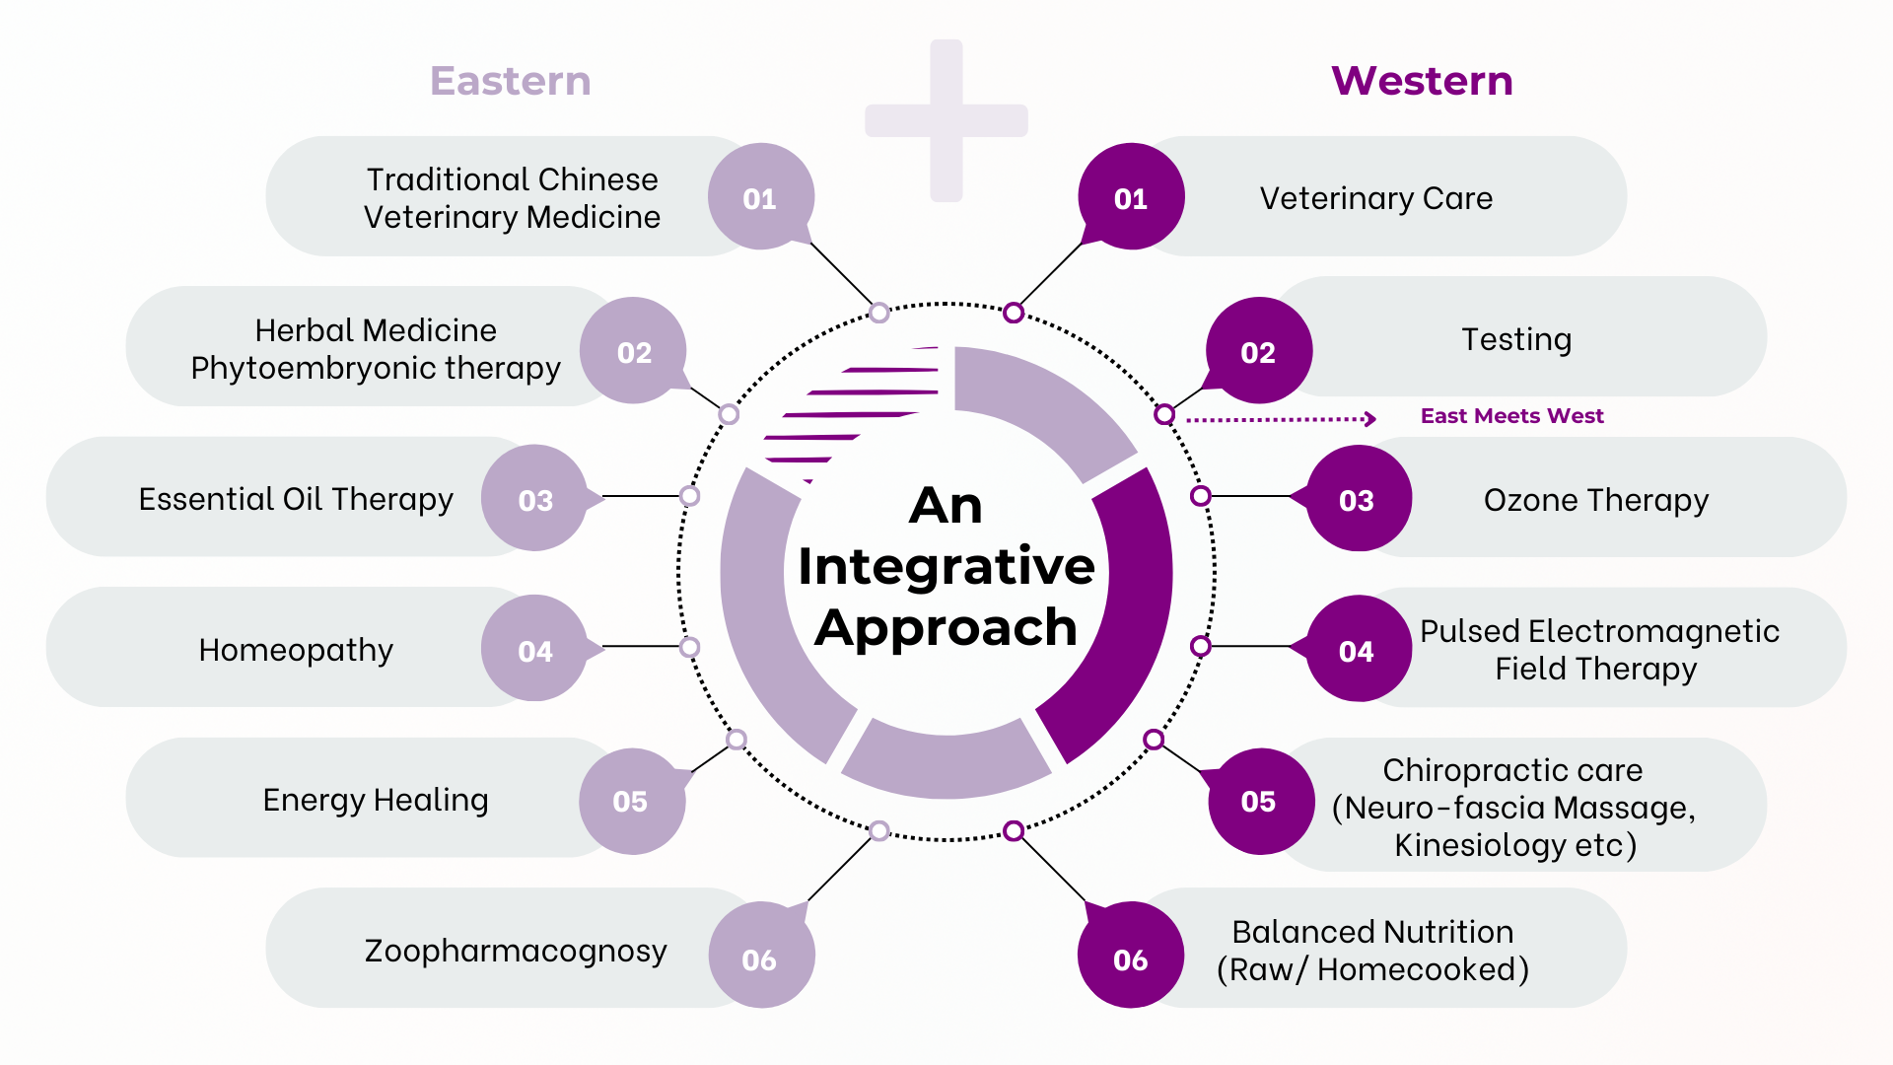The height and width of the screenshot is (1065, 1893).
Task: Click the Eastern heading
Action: [x=510, y=81]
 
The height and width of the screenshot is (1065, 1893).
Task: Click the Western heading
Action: [x=1422, y=81]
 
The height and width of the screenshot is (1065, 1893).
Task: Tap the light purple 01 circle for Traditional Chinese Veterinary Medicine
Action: [x=760, y=197]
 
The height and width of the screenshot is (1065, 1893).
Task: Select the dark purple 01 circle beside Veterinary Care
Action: [x=1131, y=197]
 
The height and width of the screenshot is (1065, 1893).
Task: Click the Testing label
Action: [x=1515, y=339]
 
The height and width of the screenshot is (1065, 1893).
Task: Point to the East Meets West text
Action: [x=1511, y=416]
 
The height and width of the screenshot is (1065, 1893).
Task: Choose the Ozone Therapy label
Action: [x=1595, y=500]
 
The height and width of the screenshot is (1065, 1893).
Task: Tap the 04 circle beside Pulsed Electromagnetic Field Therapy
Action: [x=1358, y=650]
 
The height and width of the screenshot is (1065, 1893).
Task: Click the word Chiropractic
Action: [x=1447, y=770]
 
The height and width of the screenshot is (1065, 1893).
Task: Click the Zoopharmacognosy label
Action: [x=516, y=951]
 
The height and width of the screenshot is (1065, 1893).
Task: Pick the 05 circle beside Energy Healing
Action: [x=631, y=800]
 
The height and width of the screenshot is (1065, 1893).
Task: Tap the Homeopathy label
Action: [x=296, y=650]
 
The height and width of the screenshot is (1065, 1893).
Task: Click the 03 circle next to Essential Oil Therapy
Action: [x=535, y=499]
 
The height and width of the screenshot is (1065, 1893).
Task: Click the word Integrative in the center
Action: [x=946, y=566]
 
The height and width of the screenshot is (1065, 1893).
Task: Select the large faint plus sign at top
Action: [x=946, y=120]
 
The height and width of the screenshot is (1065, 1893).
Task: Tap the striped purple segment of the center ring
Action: [x=848, y=414]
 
